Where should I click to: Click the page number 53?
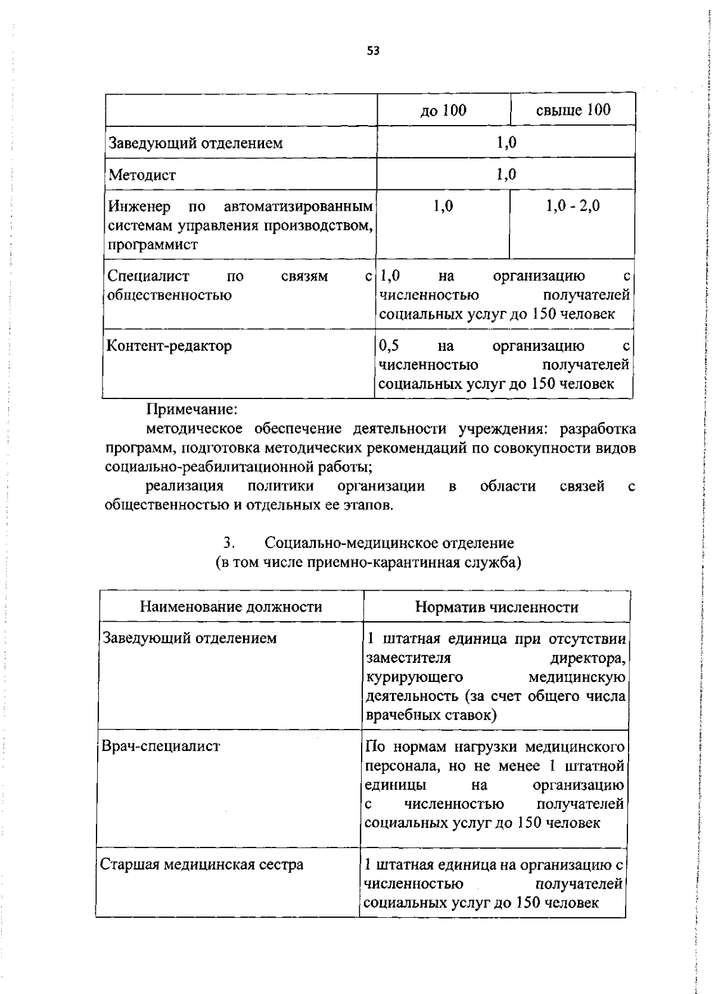pyautogui.click(x=373, y=51)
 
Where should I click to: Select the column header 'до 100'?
pyautogui.click(x=443, y=110)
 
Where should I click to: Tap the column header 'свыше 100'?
pyautogui.click(x=573, y=110)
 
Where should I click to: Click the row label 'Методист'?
pyautogui.click(x=142, y=175)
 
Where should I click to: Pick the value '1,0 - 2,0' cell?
pyautogui.click(x=573, y=206)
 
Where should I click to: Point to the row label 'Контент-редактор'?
pyautogui.click(x=169, y=346)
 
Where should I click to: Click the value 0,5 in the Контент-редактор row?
pyautogui.click(x=389, y=345)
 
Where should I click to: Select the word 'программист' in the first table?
pyautogui.click(x=153, y=245)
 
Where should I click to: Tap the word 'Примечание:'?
pyautogui.click(x=192, y=410)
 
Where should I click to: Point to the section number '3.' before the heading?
pyautogui.click(x=229, y=543)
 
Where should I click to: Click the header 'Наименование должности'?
pyautogui.click(x=231, y=607)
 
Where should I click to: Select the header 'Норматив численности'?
pyautogui.click(x=496, y=607)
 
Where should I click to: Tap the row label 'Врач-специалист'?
pyautogui.click(x=161, y=746)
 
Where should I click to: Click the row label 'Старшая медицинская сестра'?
pyautogui.click(x=202, y=865)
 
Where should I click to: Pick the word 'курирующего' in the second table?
pyautogui.click(x=414, y=677)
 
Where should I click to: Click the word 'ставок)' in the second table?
pyautogui.click(x=471, y=715)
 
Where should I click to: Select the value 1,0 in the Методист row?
pyautogui.click(x=506, y=175)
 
